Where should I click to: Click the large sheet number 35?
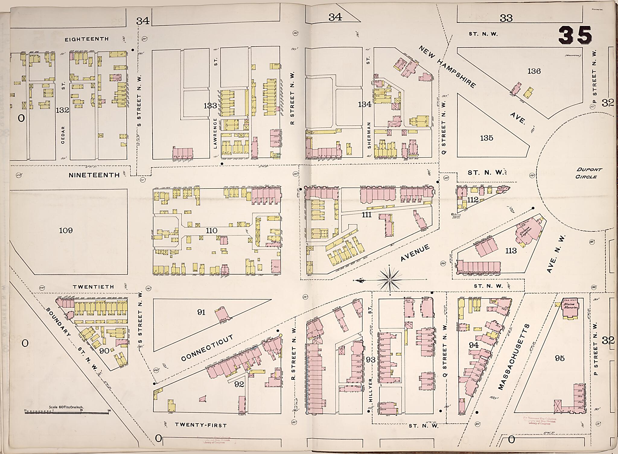tap(575, 35)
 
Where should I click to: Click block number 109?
tap(66, 231)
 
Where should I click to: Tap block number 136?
tap(534, 71)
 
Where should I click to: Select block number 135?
tap(486, 138)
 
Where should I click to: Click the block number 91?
tap(201, 312)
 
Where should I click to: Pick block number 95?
tap(559, 358)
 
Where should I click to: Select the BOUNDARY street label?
tap(59, 322)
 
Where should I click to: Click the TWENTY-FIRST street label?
tap(201, 425)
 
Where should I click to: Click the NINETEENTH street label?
tap(94, 175)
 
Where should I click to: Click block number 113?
tap(511, 251)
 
